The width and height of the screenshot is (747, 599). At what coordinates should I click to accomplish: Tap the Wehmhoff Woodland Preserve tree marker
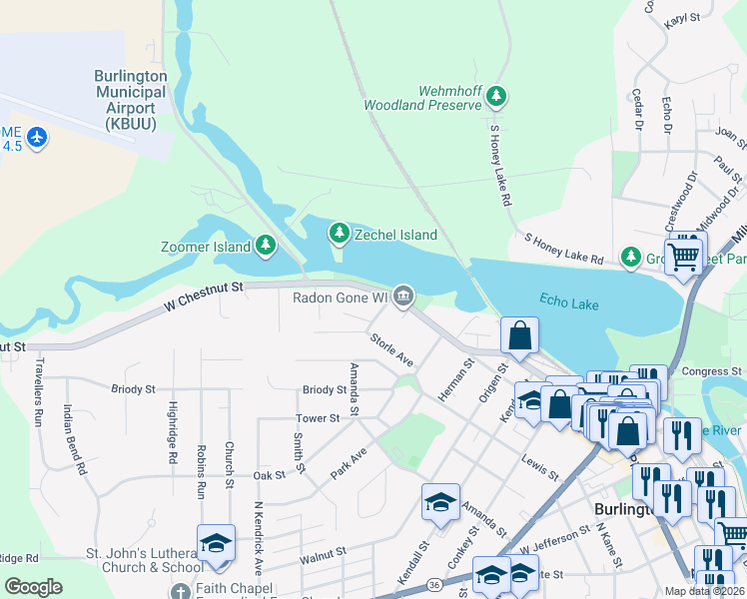point(496,97)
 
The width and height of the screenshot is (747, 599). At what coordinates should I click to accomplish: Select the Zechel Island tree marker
point(340,234)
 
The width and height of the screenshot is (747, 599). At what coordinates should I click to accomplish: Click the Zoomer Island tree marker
point(265,244)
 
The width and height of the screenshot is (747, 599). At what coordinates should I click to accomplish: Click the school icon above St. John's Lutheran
point(215,543)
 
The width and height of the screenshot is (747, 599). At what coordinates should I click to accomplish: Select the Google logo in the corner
point(33,587)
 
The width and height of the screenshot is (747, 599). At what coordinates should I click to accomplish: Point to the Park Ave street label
point(349,461)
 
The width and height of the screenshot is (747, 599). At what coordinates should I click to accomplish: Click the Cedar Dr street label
point(636,109)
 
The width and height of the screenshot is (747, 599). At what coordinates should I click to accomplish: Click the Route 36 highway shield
point(432,584)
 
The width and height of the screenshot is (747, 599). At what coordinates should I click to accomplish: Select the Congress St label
point(709,371)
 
